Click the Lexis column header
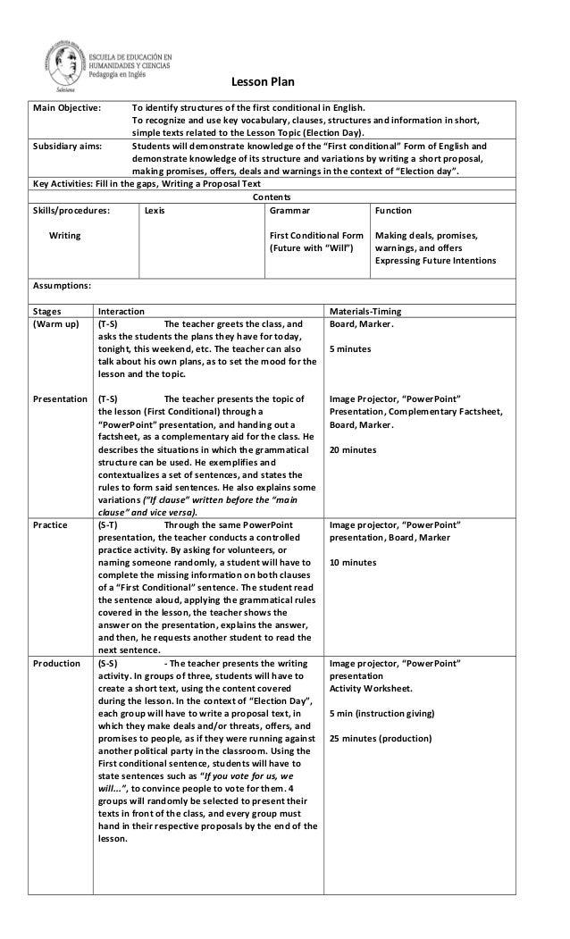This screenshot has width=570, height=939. (x=154, y=211)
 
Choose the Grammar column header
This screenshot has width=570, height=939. (x=289, y=211)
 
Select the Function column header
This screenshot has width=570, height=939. (x=393, y=211)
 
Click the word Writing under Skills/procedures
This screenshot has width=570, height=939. (x=64, y=236)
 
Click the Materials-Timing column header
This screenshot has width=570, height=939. (x=365, y=311)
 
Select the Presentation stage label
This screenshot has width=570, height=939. (x=60, y=398)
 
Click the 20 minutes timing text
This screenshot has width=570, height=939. (x=353, y=449)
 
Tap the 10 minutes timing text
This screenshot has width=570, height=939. (x=353, y=563)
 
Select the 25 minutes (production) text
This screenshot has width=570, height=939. (x=380, y=739)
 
